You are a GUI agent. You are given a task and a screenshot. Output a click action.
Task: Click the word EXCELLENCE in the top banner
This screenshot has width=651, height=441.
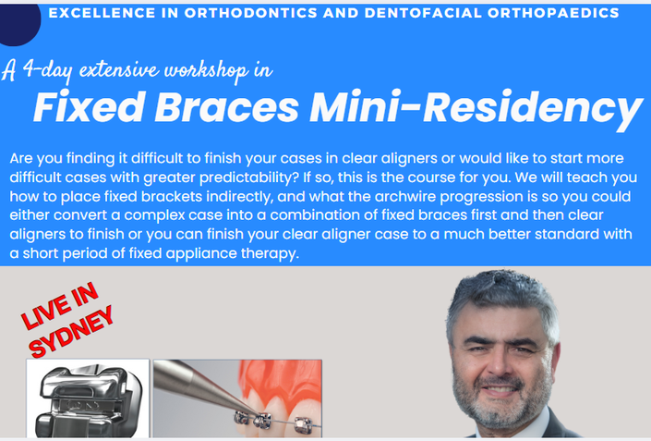pyautogui.click(x=102, y=13)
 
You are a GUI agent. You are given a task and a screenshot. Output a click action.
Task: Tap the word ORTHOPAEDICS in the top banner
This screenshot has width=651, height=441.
pyautogui.click(x=553, y=13)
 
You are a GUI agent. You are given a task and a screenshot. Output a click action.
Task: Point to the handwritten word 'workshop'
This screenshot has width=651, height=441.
pyautogui.click(x=206, y=70)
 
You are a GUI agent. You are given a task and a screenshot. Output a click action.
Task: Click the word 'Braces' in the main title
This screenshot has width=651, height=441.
pyautogui.click(x=226, y=107)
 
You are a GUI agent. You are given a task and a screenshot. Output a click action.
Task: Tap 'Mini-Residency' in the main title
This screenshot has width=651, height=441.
pyautogui.click(x=476, y=109)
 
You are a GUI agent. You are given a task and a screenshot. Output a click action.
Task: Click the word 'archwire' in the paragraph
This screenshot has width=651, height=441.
pyautogui.click(x=405, y=196)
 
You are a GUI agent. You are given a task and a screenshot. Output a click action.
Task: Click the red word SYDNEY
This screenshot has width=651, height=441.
pyautogui.click(x=71, y=332)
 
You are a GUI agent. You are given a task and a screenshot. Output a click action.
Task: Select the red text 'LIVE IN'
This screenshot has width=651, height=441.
pyautogui.click(x=60, y=306)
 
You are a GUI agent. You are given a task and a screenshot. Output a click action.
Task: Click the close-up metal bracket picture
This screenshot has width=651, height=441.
pyautogui.click(x=88, y=398)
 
